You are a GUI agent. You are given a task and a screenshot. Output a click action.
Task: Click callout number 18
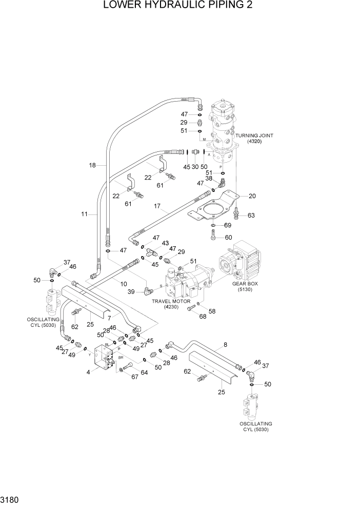point(92,165)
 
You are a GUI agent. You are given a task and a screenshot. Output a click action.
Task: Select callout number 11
point(84,214)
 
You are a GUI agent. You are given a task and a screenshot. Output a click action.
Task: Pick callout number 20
point(251,195)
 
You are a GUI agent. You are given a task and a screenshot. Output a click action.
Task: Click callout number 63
point(251,215)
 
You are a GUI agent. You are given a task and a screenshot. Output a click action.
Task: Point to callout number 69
point(228,225)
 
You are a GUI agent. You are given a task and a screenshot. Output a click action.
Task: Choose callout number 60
point(228,237)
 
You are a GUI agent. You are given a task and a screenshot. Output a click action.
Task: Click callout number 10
point(124,284)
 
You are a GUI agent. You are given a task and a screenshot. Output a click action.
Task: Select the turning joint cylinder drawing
point(224,131)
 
